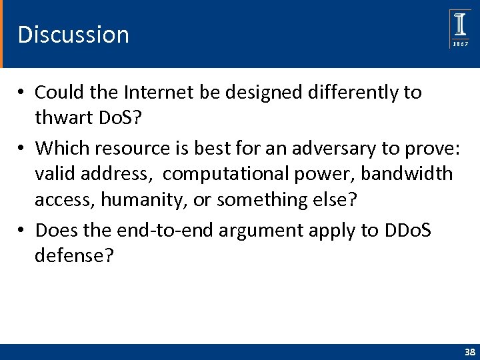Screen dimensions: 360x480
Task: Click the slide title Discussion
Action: pos(73,35)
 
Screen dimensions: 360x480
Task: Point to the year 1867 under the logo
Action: pos(460,43)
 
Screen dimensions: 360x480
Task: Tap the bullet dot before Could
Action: pos(22,92)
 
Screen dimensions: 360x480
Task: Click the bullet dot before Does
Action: pos(22,231)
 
